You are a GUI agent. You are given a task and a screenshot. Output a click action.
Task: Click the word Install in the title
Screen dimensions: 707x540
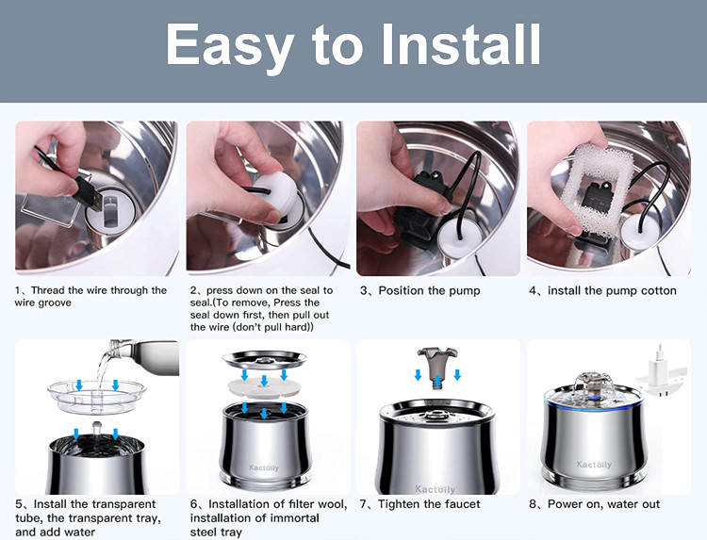point(461,44)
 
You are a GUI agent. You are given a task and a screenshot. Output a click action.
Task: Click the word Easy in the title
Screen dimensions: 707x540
point(230,47)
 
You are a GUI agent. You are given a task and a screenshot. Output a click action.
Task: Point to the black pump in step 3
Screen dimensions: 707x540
point(419,206)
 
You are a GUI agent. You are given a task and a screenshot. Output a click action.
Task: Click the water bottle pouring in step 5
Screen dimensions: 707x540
point(143,356)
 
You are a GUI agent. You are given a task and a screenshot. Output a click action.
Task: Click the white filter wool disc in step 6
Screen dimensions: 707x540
point(264,387)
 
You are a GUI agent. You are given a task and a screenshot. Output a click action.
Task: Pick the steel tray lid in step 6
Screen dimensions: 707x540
point(265,361)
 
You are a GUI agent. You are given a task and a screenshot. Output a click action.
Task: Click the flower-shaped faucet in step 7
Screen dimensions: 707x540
point(437,366)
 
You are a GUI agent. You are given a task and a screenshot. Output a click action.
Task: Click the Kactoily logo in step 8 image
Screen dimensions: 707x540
point(594,464)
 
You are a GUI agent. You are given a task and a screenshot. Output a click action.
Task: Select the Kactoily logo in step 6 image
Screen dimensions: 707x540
point(264,467)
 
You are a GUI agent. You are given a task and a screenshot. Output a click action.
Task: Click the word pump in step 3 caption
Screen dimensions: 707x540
point(464,291)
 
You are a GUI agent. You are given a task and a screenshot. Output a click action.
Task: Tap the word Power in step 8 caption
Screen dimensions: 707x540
point(565,504)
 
